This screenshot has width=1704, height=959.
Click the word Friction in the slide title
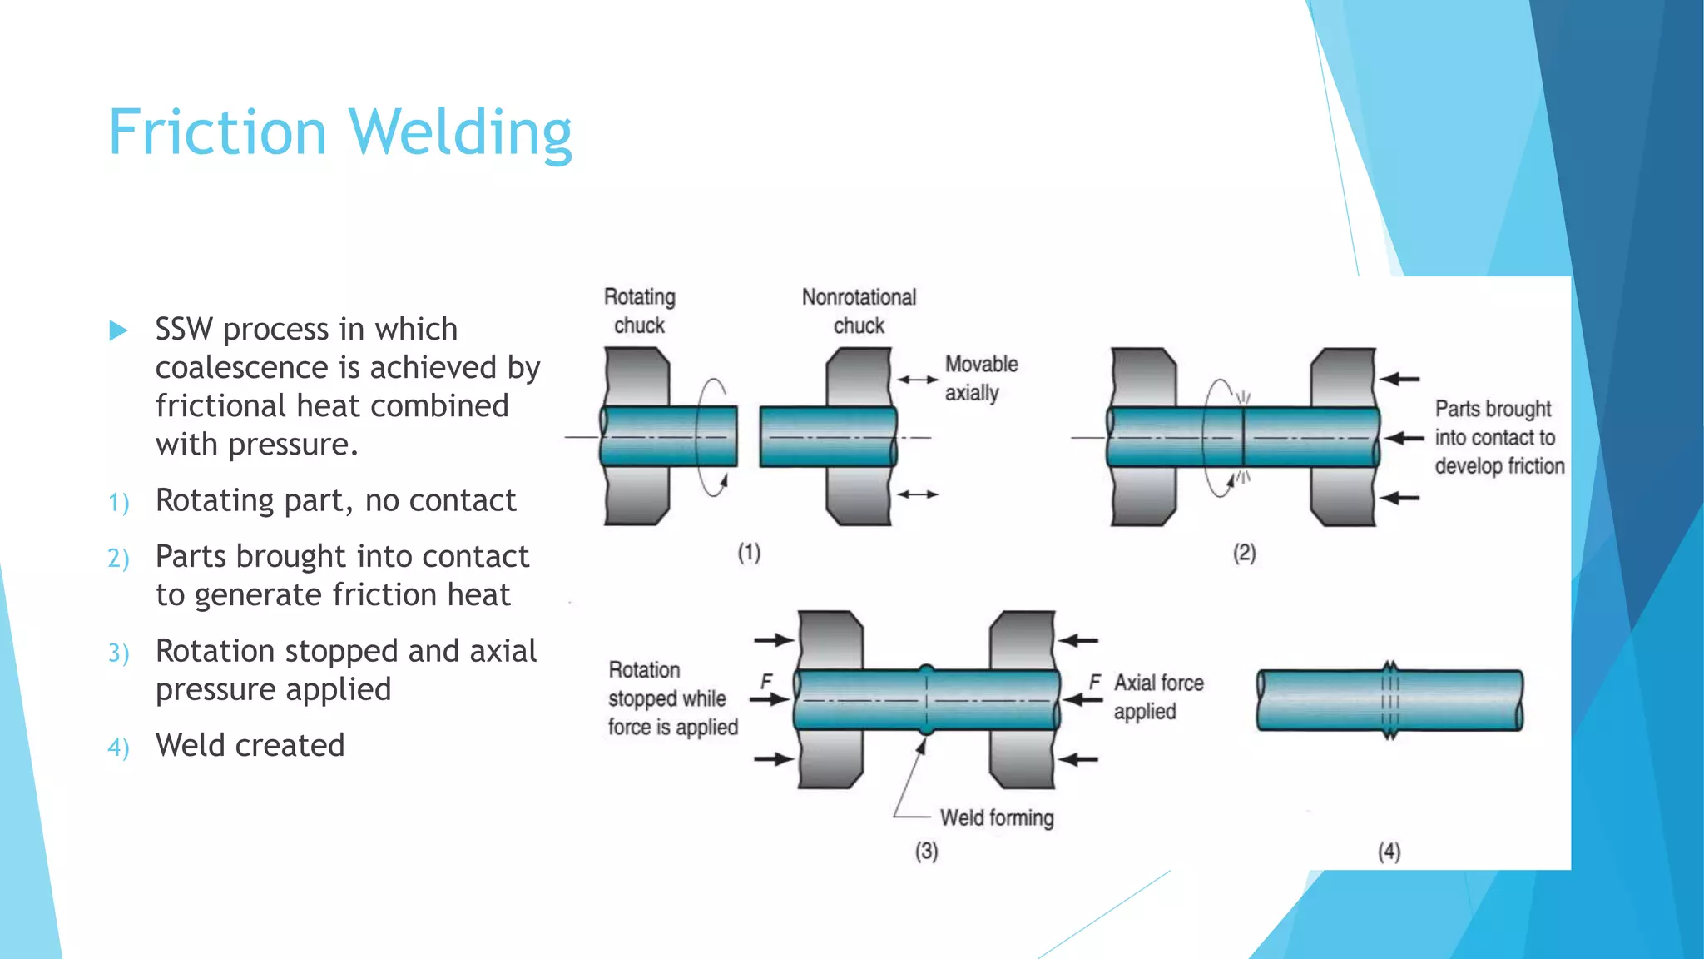[217, 132]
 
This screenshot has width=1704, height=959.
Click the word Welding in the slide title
[460, 132]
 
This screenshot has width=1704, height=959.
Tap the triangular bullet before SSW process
[118, 331]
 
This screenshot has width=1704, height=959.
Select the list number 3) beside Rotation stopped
[118, 653]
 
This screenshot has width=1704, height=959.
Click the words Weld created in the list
[250, 745]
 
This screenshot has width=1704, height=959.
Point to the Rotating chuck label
[639, 311]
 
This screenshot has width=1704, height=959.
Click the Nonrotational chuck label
[859, 311]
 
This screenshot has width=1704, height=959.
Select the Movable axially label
[981, 378]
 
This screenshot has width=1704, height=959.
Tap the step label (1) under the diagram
[749, 553]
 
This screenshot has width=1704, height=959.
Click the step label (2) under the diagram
[1244, 553]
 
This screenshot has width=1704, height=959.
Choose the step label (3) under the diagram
[926, 852]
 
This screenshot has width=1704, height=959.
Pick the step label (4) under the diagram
[1389, 852]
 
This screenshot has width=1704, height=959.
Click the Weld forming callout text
[997, 818]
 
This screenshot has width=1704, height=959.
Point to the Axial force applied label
[1158, 697]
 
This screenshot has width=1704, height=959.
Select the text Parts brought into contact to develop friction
[1498, 437]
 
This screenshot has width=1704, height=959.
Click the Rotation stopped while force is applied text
[672, 698]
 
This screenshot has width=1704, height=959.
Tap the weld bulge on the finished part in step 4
[1389, 700]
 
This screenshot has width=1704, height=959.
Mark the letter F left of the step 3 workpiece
[766, 682]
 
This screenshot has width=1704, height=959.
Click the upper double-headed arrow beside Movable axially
[917, 380]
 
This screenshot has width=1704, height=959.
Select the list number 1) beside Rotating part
[118, 503]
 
